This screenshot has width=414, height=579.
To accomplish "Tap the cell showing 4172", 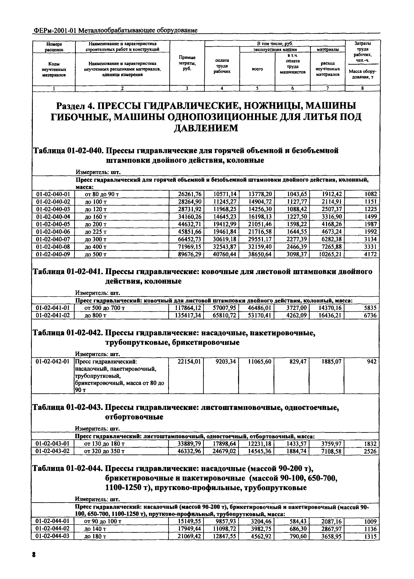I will [x=370, y=254].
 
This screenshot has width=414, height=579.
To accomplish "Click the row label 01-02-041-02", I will [x=53, y=315].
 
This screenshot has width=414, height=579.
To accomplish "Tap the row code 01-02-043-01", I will [x=53, y=444].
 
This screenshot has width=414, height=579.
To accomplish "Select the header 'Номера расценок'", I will [x=54, y=47].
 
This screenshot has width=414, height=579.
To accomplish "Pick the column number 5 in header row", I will [x=257, y=88].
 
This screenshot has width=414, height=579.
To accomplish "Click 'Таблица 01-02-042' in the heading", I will [x=68, y=333].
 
